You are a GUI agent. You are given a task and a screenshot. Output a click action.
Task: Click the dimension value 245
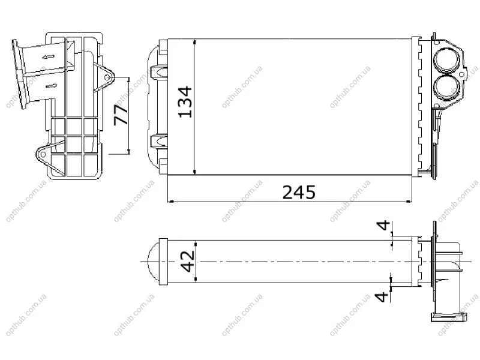point(298,192)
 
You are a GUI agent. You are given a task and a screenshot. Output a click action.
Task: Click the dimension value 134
point(185,102)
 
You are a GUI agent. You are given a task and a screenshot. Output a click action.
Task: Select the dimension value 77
point(121,115)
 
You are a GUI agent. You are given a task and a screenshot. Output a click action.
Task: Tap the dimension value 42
point(188,262)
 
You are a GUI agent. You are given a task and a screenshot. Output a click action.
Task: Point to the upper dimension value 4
point(383,226)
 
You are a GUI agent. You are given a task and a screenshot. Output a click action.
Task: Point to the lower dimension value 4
point(382,296)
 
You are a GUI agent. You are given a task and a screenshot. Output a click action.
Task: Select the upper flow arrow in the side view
point(49,56)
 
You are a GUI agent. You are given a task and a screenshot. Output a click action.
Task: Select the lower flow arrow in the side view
point(52,86)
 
